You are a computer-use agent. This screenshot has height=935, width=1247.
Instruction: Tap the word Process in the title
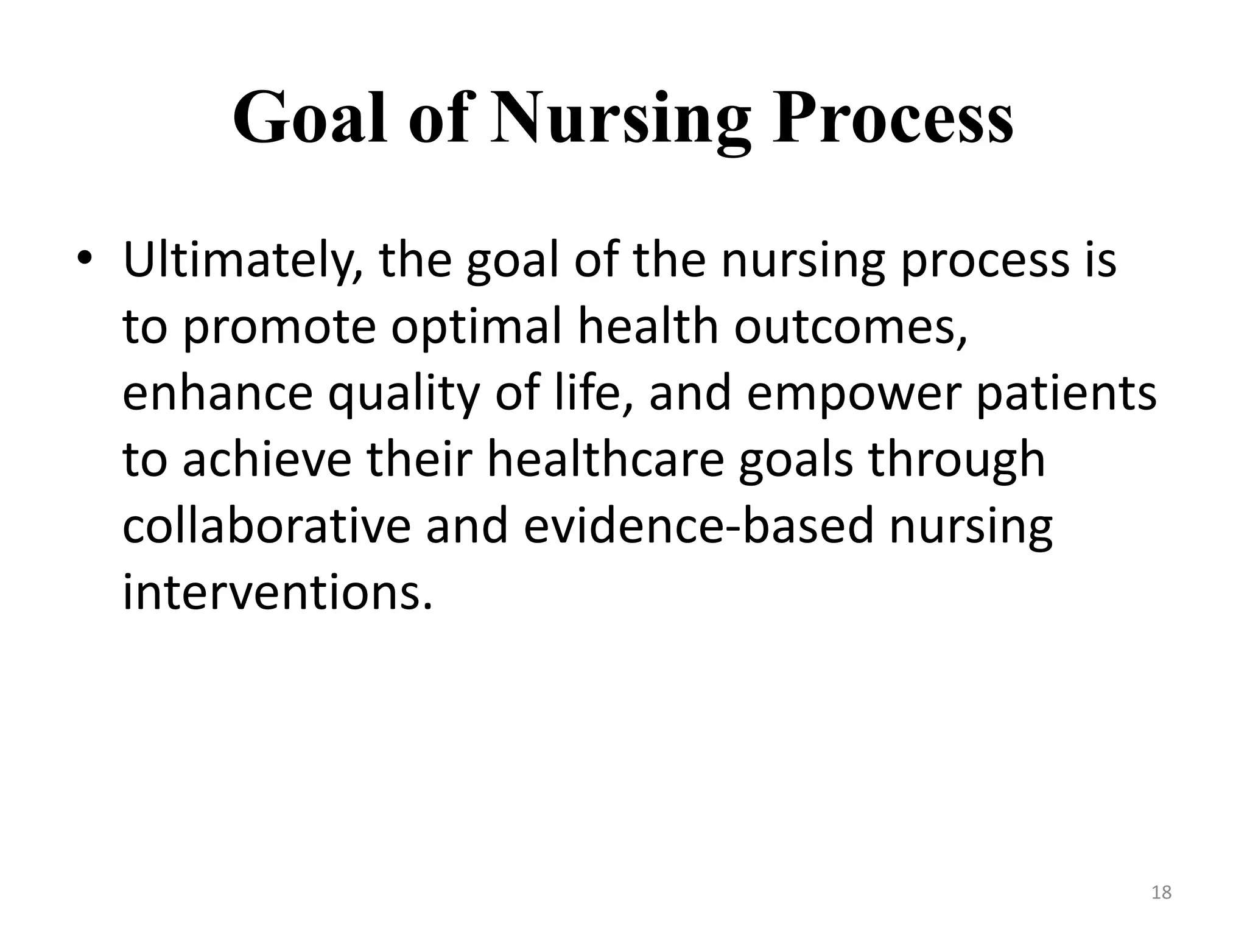[893, 117]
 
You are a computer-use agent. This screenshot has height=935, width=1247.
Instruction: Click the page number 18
[1162, 892]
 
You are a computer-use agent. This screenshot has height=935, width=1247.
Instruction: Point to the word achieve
[267, 460]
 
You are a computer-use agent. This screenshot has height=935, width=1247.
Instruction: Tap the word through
[957, 460]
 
